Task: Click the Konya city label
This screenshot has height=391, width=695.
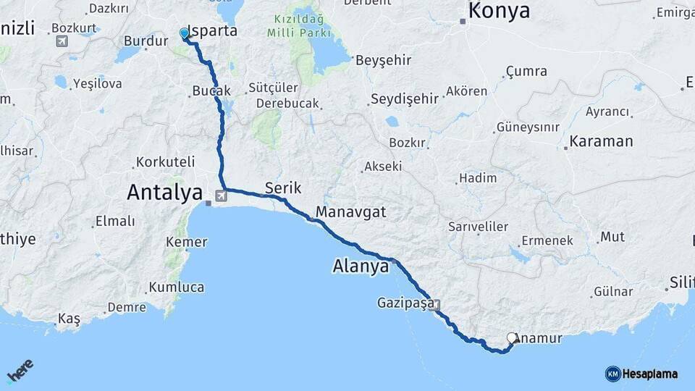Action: [499, 12]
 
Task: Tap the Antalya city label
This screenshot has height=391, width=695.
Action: [164, 192]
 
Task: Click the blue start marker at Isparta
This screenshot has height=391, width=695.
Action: [184, 34]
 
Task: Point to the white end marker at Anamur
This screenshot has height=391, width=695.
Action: [513, 338]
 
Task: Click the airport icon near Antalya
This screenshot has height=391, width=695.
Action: [220, 194]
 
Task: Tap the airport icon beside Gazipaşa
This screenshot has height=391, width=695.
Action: [436, 306]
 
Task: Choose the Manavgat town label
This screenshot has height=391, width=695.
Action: [350, 213]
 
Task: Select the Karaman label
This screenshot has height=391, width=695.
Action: [601, 141]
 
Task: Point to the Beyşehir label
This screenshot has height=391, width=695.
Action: [377, 60]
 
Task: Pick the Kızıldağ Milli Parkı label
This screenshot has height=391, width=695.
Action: [299, 28]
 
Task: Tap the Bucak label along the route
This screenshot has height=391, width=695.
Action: [211, 91]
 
